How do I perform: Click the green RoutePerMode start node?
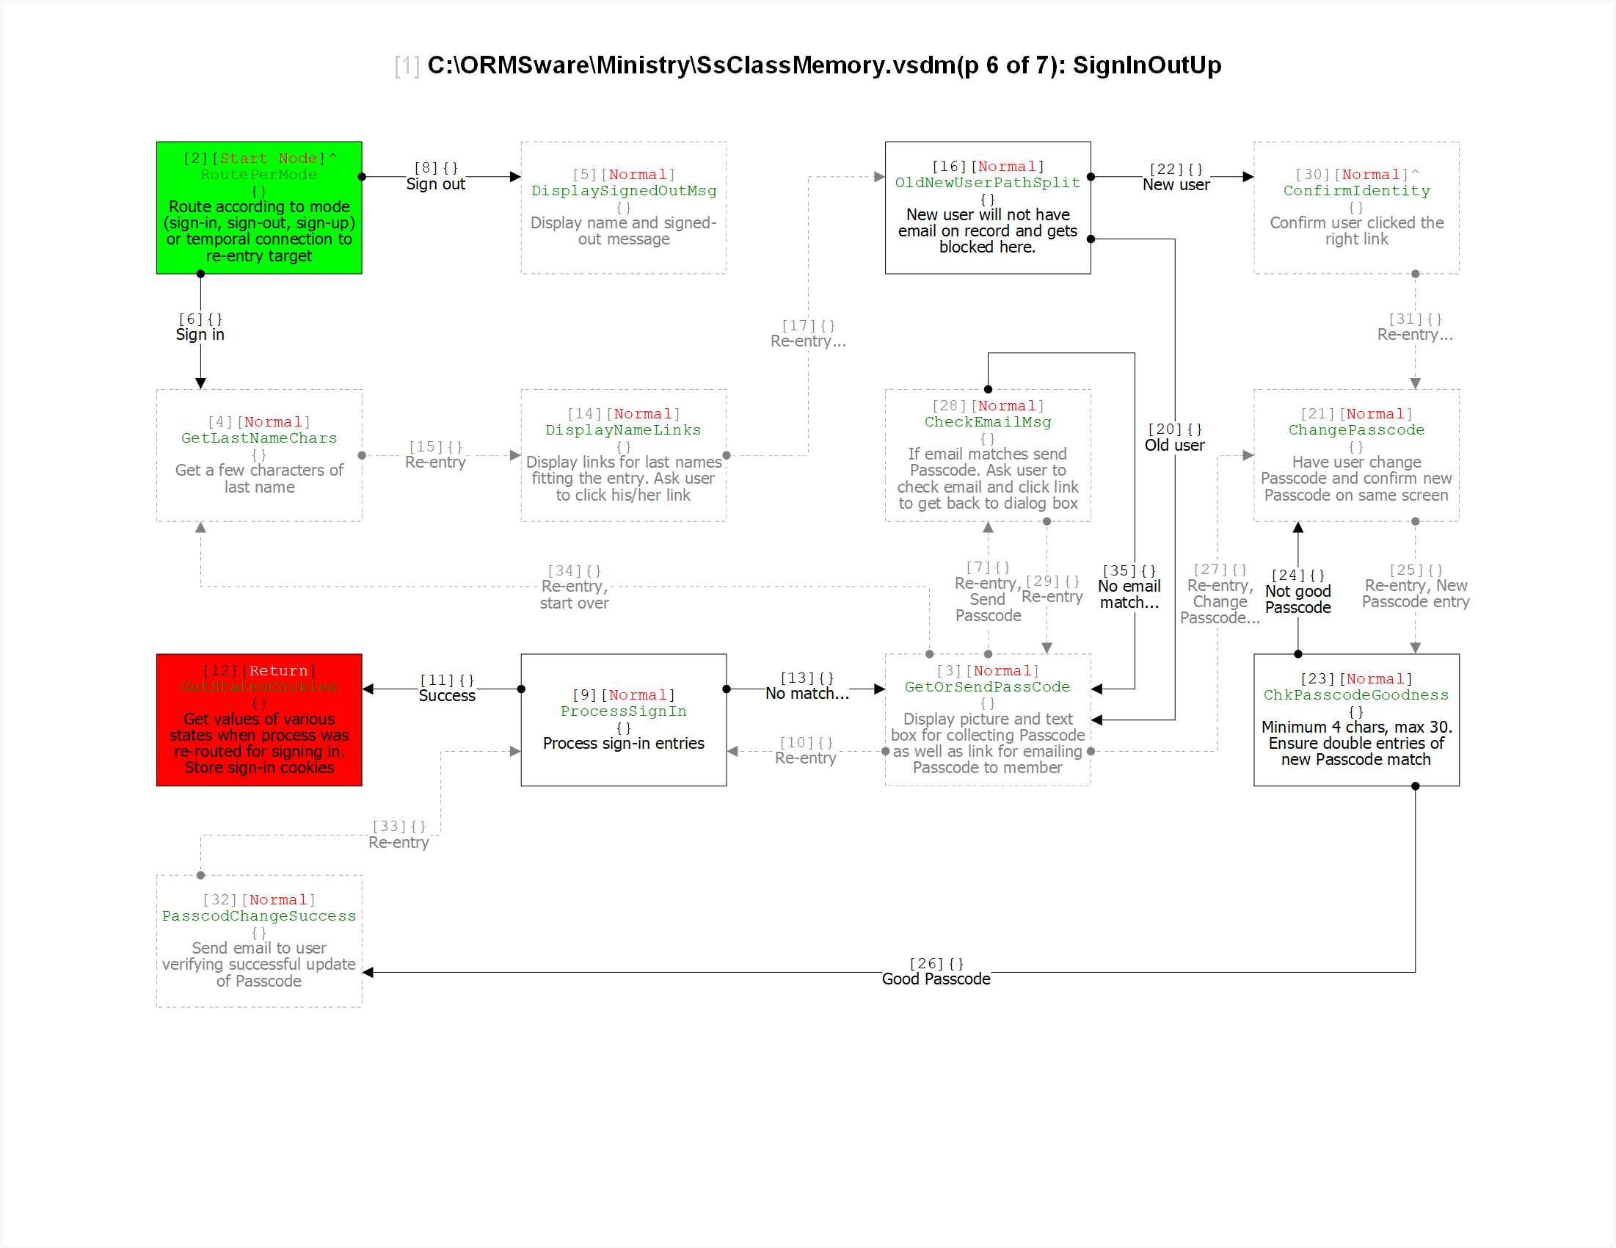(259, 208)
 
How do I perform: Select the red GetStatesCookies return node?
(259, 720)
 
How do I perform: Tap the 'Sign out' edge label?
(435, 184)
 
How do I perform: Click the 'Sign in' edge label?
(200, 335)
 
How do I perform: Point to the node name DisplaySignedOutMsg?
(624, 191)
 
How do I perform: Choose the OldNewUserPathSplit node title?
(987, 183)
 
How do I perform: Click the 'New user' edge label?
(1176, 185)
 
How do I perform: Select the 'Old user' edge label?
(1174, 446)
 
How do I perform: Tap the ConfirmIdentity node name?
(1356, 191)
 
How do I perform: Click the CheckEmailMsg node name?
(987, 422)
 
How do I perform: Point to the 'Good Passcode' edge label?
(936, 979)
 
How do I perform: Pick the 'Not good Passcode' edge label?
(1297, 600)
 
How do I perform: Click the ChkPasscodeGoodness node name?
(1355, 695)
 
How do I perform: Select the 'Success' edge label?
(447, 696)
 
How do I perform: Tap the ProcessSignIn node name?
(623, 711)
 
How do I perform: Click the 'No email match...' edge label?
(1129, 595)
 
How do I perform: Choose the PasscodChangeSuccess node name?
(259, 916)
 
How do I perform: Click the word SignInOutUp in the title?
(1147, 65)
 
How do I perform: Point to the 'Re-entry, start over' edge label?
(574, 595)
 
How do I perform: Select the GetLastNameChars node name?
(259, 438)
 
